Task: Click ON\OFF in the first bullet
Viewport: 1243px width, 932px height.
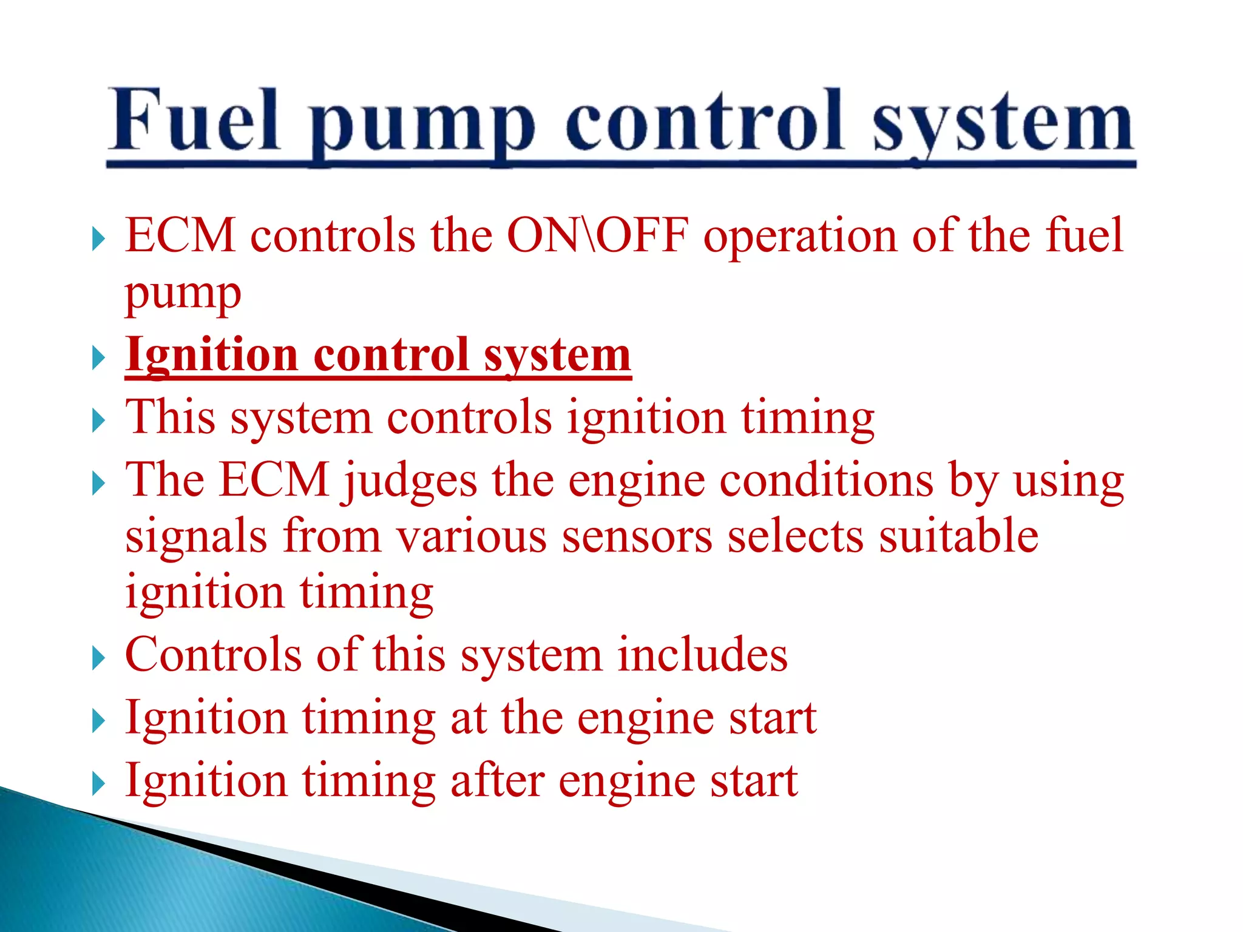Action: click(x=598, y=235)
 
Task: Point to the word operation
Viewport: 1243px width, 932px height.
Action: click(x=800, y=237)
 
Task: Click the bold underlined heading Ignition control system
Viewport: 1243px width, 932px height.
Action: click(x=378, y=355)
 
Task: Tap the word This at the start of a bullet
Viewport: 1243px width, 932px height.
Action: click(x=170, y=417)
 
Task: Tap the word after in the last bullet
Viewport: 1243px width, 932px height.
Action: click(x=496, y=780)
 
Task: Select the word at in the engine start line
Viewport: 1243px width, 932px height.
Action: click(x=468, y=718)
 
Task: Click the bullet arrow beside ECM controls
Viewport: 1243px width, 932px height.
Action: click(x=98, y=239)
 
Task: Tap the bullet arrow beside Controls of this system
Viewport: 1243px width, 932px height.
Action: click(x=98, y=658)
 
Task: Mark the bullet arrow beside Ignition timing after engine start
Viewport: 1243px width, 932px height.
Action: click(x=98, y=783)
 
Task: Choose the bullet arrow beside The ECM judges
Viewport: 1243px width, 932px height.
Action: click(x=98, y=484)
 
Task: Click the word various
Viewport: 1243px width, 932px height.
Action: click(x=471, y=537)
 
